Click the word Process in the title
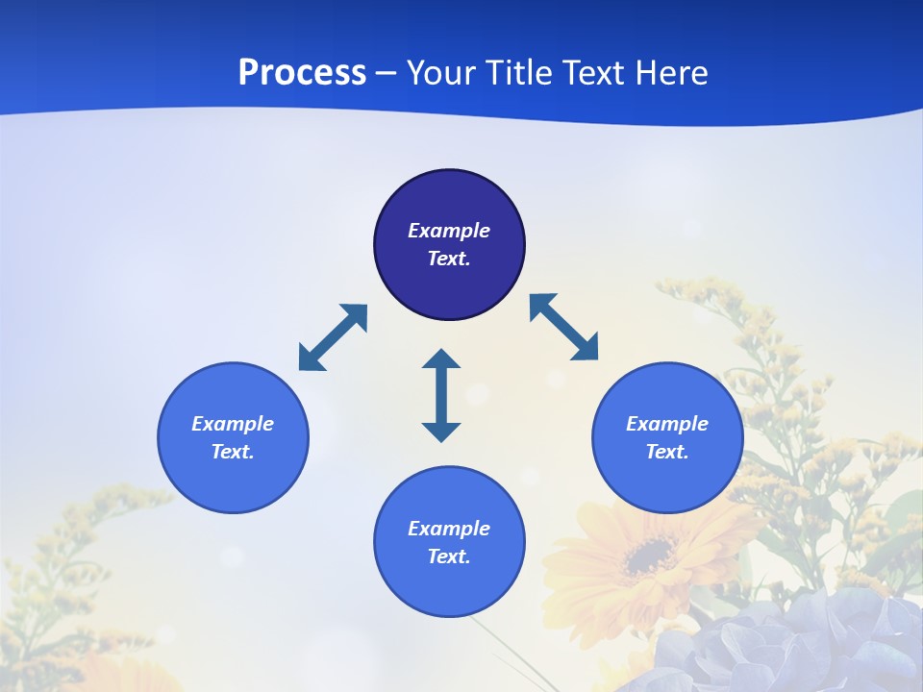(x=302, y=73)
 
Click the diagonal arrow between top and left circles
(x=333, y=337)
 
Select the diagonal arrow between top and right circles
(x=563, y=327)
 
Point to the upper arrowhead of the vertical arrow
(x=441, y=359)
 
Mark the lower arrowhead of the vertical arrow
(x=441, y=431)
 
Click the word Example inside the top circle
(x=449, y=231)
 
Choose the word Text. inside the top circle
(x=449, y=259)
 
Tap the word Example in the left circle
(x=233, y=424)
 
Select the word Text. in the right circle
(x=667, y=452)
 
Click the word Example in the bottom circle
(x=449, y=529)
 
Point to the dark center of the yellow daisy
(x=651, y=556)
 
